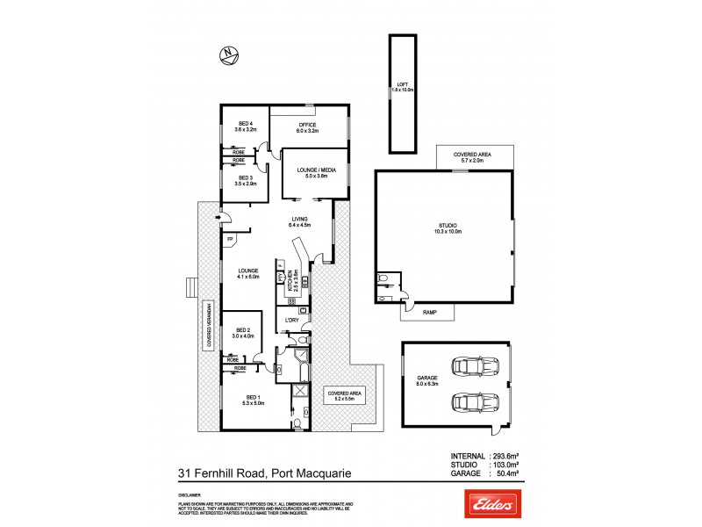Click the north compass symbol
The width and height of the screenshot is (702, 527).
coord(228,55)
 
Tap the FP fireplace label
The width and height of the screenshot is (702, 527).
coord(230,239)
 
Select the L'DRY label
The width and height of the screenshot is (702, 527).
coord(292,330)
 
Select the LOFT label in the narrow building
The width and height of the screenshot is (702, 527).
coord(402,86)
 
